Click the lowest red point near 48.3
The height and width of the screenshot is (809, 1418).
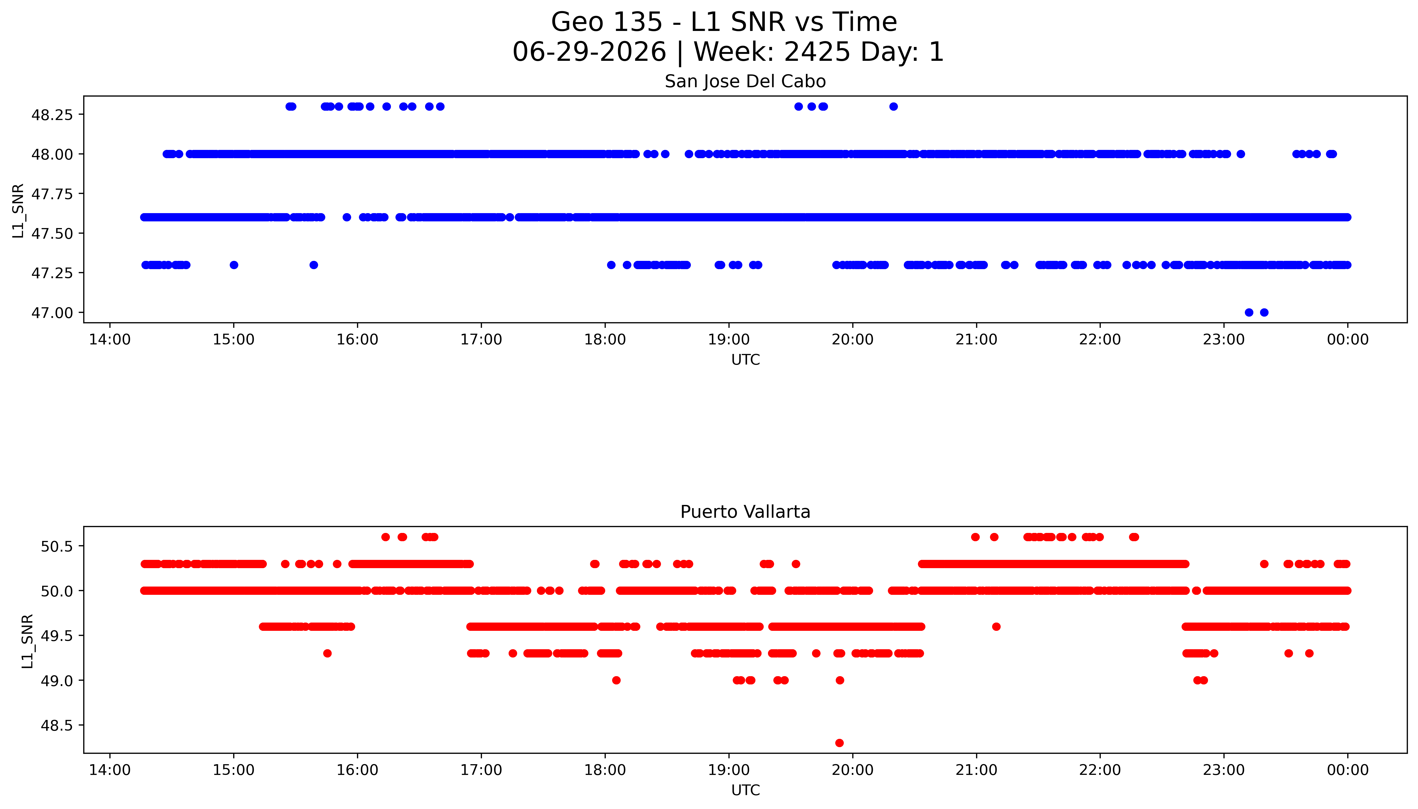pyautogui.click(x=839, y=743)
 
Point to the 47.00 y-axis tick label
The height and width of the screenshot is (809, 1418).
pyautogui.click(x=52, y=313)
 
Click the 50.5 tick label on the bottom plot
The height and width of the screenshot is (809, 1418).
pyautogui.click(x=57, y=546)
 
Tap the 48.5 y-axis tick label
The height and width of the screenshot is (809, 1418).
pyautogui.click(x=57, y=726)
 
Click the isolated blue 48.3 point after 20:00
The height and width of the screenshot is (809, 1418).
pyautogui.click(x=893, y=107)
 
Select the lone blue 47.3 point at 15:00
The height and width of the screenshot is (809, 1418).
pyautogui.click(x=234, y=265)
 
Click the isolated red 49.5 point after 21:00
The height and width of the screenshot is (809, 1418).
pyautogui.click(x=996, y=627)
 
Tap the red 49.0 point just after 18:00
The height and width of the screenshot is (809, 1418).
pyautogui.click(x=616, y=680)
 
